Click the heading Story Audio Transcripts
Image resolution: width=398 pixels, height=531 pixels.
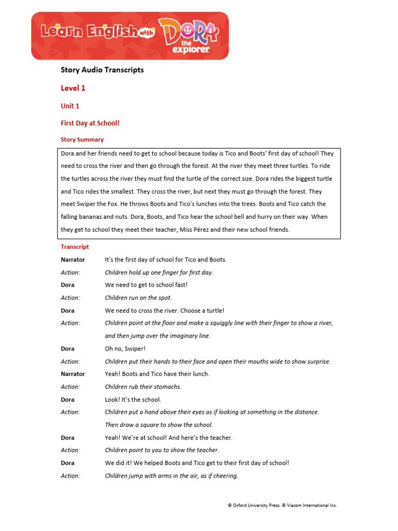(x=102, y=69)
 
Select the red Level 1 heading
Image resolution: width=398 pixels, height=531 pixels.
(x=73, y=88)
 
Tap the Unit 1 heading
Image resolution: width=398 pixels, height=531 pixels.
(x=70, y=106)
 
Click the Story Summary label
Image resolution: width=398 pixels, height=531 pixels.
(x=82, y=139)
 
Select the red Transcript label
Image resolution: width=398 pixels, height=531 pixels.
(x=75, y=247)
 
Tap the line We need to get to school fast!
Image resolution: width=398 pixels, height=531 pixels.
(x=146, y=285)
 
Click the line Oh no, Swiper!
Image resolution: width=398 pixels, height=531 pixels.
(x=125, y=348)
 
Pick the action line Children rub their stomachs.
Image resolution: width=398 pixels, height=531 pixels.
(x=143, y=386)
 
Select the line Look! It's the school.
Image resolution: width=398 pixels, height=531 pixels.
(x=133, y=399)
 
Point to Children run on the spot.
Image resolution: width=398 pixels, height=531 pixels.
(x=138, y=298)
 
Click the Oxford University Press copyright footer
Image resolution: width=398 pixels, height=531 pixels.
(x=282, y=505)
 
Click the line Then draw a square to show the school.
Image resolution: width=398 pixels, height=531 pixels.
(x=159, y=425)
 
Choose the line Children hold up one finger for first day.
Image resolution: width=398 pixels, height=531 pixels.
(x=159, y=272)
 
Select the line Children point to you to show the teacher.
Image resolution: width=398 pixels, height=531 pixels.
(x=162, y=450)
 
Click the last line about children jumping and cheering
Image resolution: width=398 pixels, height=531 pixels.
(x=172, y=476)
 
